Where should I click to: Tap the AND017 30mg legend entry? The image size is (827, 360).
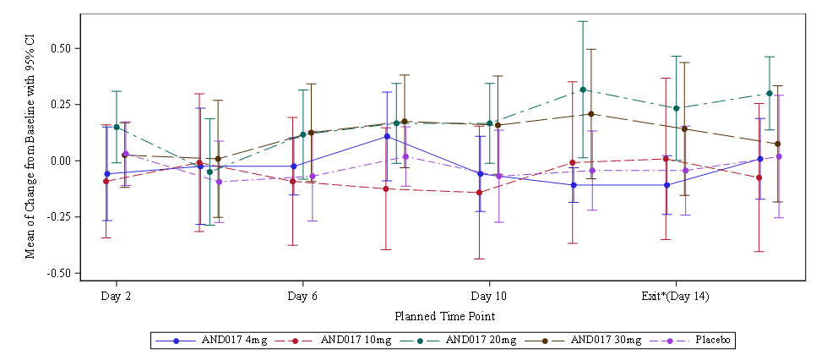tap(605, 341)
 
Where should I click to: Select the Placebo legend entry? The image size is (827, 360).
tap(714, 341)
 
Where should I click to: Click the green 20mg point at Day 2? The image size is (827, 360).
tap(117, 127)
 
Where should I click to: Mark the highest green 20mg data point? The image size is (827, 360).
tap(583, 90)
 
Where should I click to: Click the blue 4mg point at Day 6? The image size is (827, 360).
tap(293, 166)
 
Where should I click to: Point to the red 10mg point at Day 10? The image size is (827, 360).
tap(480, 193)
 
